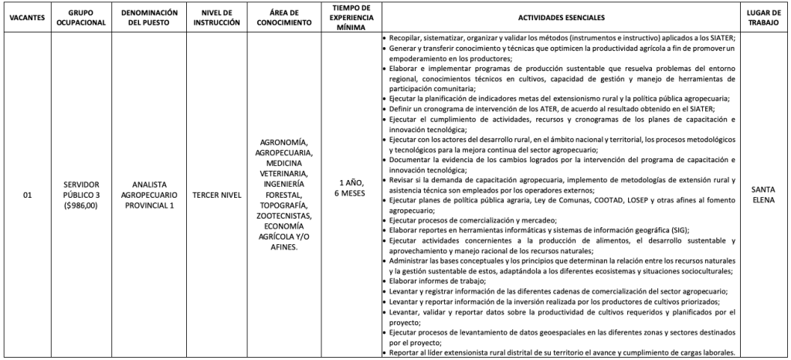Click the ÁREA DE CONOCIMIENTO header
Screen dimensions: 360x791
click(x=285, y=17)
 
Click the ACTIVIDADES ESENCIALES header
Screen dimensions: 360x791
click(x=562, y=17)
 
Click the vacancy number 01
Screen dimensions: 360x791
click(x=28, y=196)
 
